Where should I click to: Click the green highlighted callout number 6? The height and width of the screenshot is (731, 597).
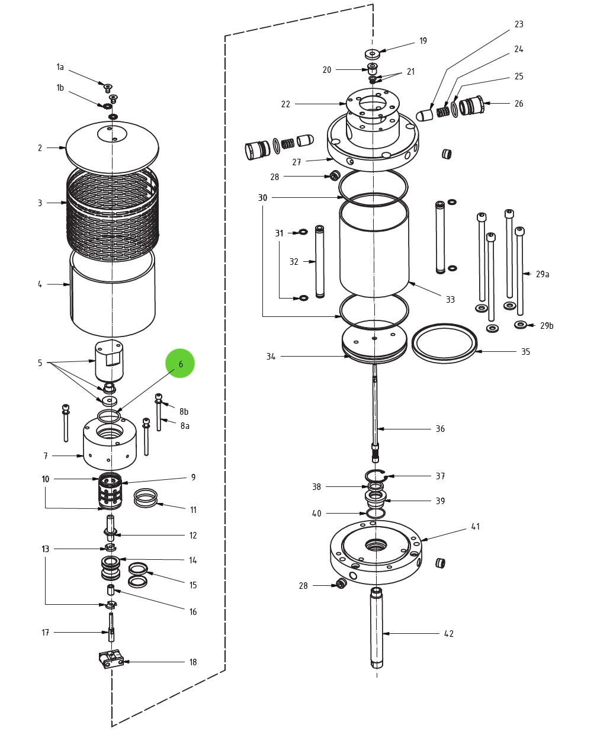pyautogui.click(x=180, y=364)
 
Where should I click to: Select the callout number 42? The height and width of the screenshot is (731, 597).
pyautogui.click(x=449, y=634)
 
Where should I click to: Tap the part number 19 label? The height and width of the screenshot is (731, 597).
pyautogui.click(x=423, y=41)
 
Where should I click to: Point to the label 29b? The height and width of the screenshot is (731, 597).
pyautogui.click(x=546, y=326)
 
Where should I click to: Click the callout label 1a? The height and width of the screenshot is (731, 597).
pyautogui.click(x=60, y=68)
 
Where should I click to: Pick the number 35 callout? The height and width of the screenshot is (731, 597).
pyautogui.click(x=525, y=352)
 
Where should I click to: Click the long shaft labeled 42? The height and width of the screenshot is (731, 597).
pyautogui.click(x=377, y=628)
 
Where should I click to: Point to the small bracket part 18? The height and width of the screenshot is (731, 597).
pyautogui.click(x=111, y=659)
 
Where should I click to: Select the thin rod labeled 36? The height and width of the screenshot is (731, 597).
pyautogui.click(x=375, y=409)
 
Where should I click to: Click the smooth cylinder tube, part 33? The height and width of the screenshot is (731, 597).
pyautogui.click(x=374, y=249)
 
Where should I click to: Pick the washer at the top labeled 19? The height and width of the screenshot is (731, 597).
pyautogui.click(x=372, y=54)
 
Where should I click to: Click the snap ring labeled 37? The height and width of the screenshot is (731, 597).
pyautogui.click(x=375, y=475)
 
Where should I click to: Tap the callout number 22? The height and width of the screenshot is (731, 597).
pyautogui.click(x=285, y=104)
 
